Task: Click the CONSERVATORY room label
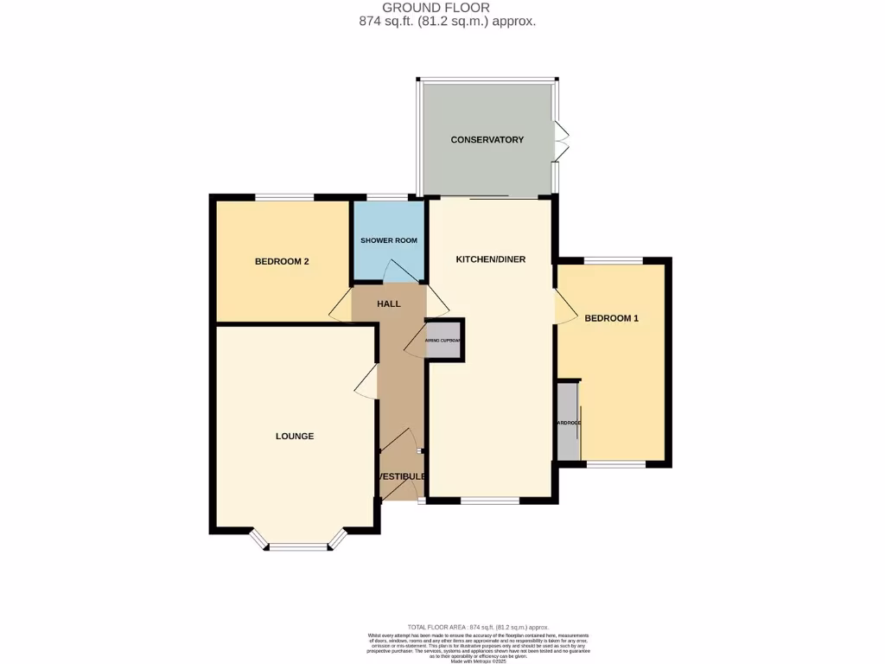487,139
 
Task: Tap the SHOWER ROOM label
388,240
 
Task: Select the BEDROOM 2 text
282,262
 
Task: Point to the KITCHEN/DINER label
491,259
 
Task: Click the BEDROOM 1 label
611,318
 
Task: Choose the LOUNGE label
295,436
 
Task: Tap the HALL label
389,303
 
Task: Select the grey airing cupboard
445,340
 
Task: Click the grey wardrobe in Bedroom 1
567,422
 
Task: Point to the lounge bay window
297,546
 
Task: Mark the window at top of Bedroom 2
283,198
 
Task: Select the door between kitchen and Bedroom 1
563,307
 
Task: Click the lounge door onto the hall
366,381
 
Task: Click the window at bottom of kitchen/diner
489,500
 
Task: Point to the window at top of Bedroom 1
613,260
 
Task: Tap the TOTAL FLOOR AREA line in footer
477,627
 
